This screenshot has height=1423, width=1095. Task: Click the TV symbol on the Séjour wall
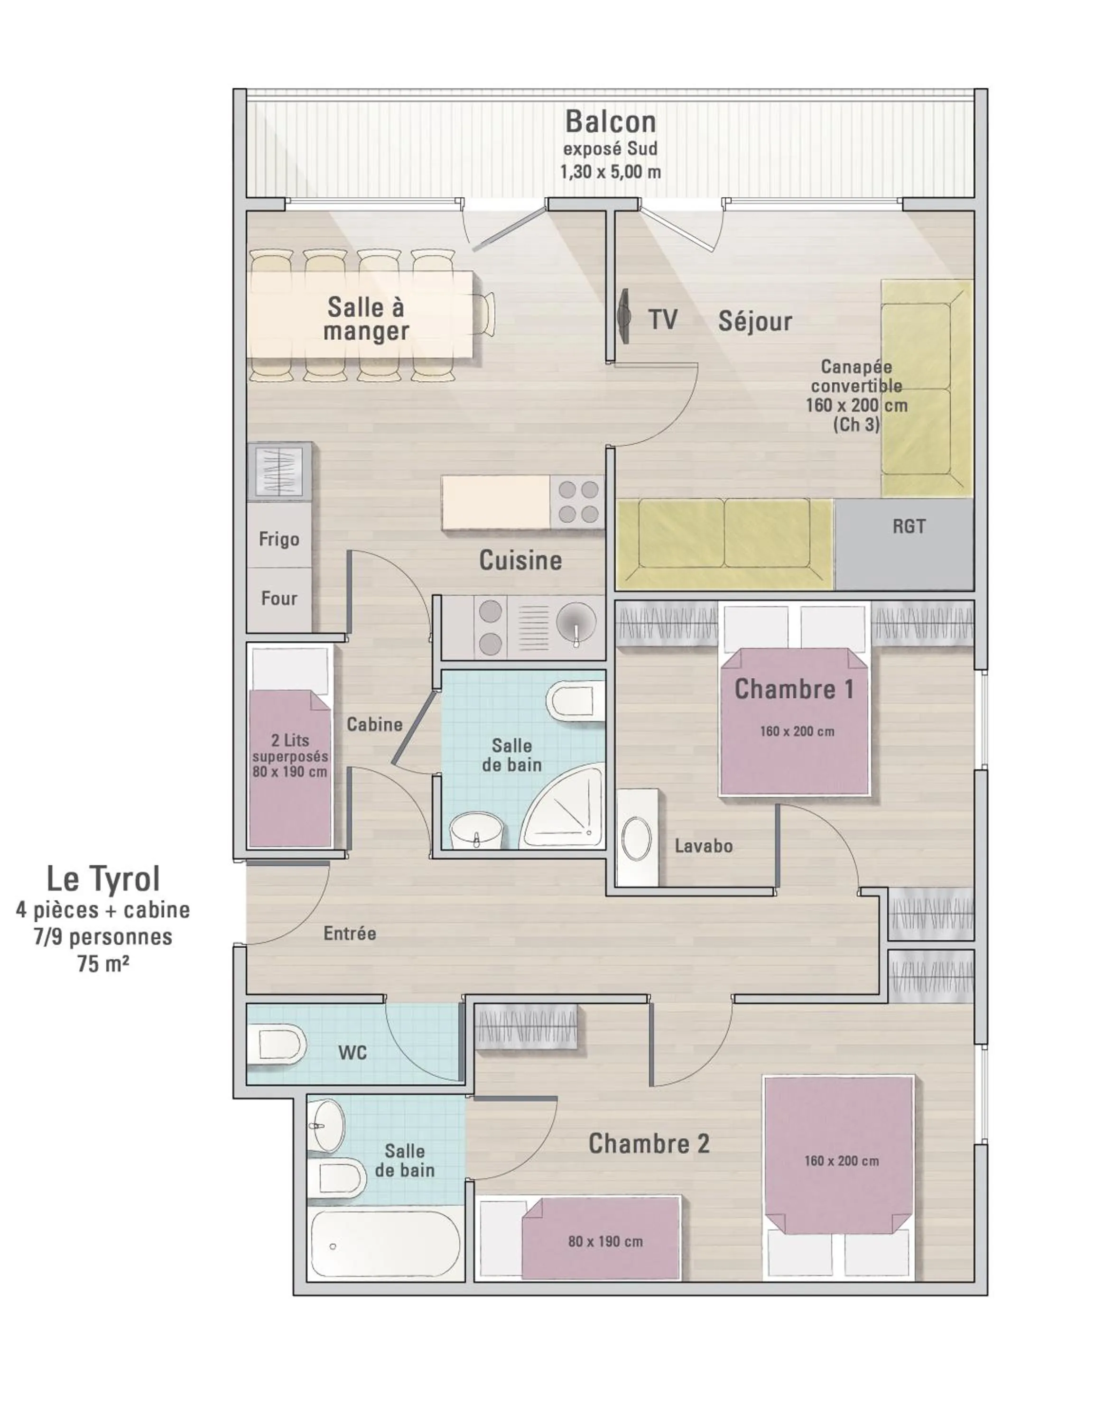pos(624,316)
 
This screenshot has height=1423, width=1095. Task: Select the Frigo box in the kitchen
pos(279,538)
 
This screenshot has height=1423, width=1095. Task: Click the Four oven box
pos(279,598)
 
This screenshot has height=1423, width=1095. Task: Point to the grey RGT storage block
pos(904,544)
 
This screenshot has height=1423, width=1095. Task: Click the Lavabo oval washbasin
pos(637,839)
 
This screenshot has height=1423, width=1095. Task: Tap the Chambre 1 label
pos(794,689)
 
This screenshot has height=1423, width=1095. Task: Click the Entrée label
pos(350,933)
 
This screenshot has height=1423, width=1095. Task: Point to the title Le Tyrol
pos(103,879)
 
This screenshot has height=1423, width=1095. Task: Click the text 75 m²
pos(103,964)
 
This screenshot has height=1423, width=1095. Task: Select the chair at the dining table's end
pos(487,314)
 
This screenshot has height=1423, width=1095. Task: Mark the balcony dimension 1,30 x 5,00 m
pos(610,172)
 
